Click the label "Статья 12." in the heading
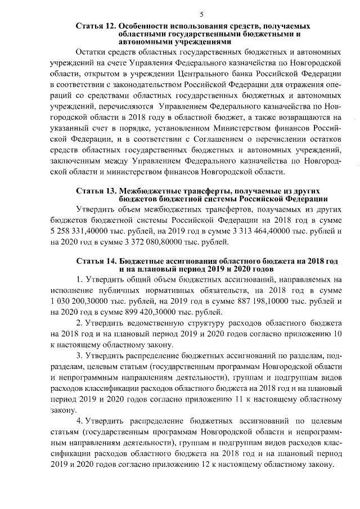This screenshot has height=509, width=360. pos(96,26)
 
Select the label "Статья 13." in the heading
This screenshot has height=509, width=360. pos(96,191)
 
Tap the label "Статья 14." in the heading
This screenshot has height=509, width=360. pos(96,262)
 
